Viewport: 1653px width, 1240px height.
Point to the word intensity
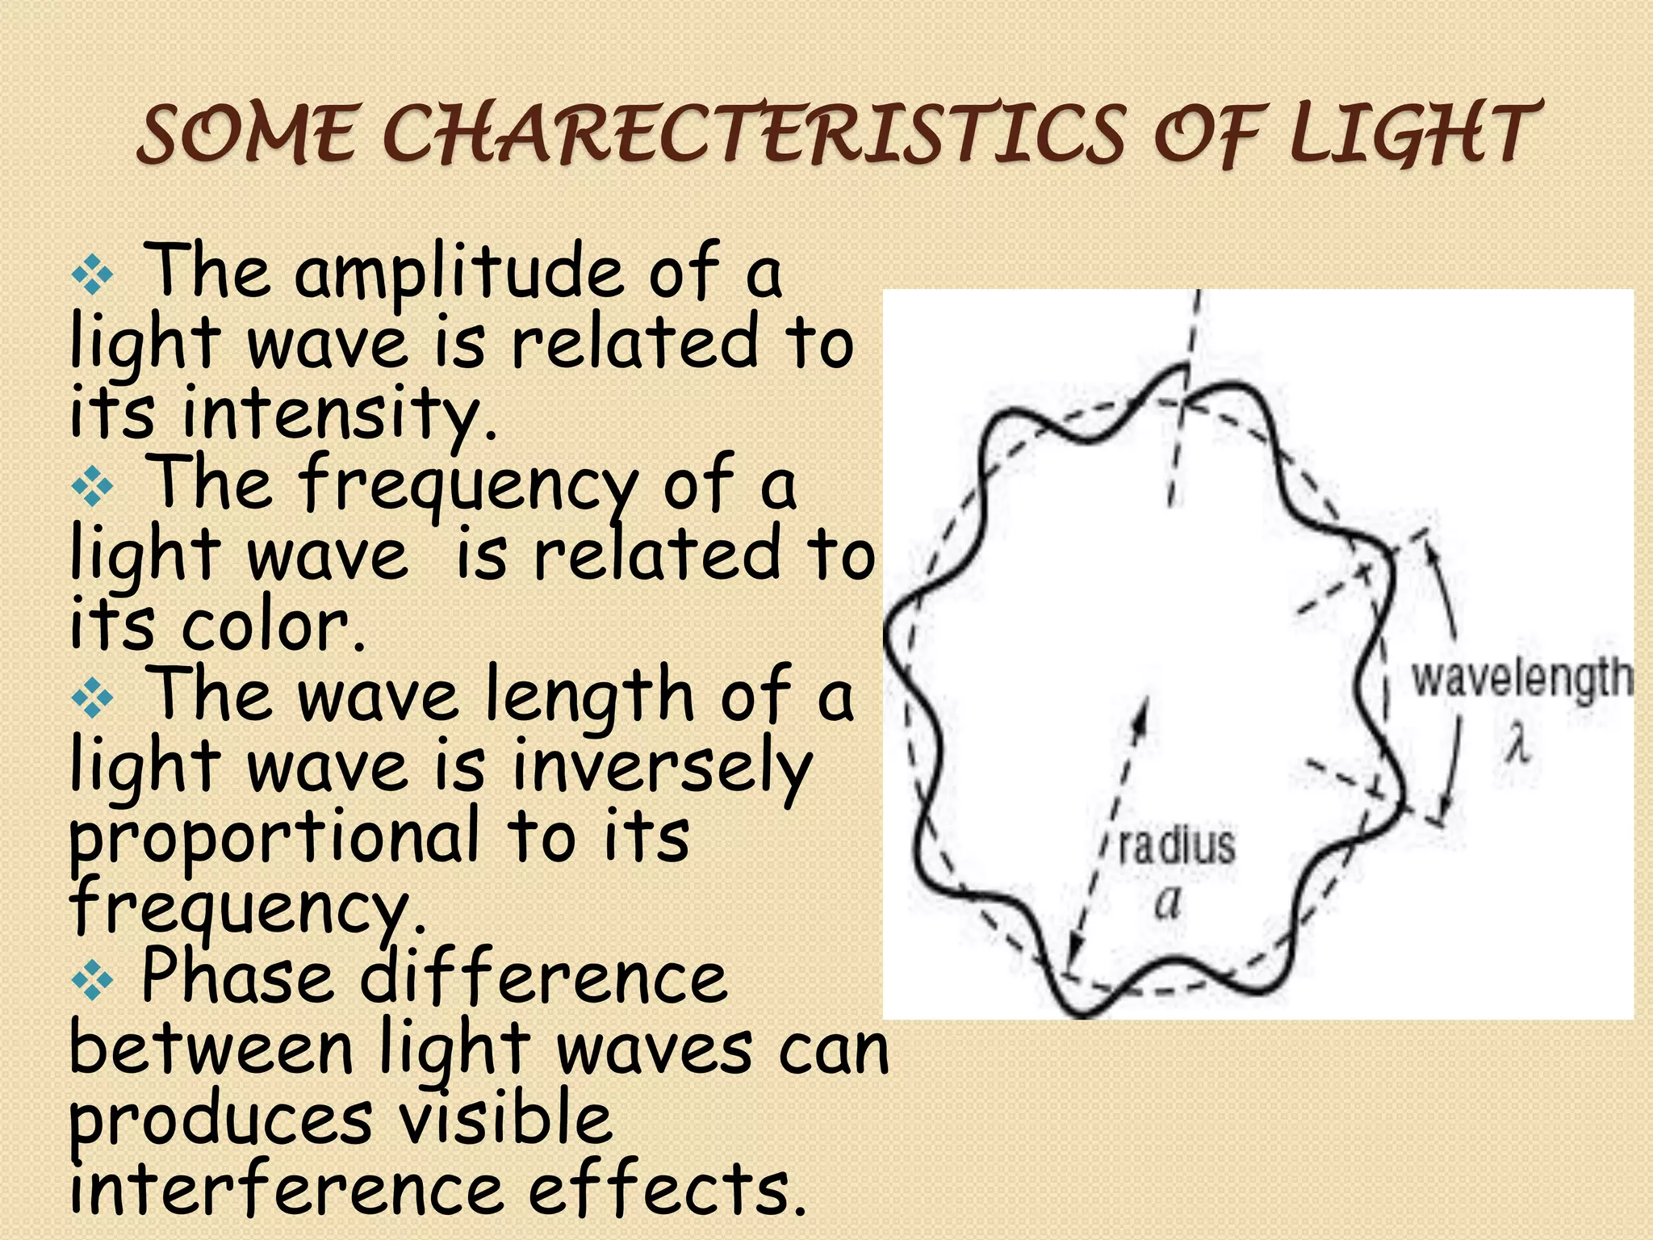[x=339, y=413]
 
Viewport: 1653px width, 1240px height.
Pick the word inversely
[x=662, y=767]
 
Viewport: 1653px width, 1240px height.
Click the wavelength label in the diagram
[x=1521, y=678]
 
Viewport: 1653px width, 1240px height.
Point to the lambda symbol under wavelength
[x=1517, y=744]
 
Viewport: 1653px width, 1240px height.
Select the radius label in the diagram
[x=1177, y=845]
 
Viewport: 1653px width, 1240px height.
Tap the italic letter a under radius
[x=1167, y=903]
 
